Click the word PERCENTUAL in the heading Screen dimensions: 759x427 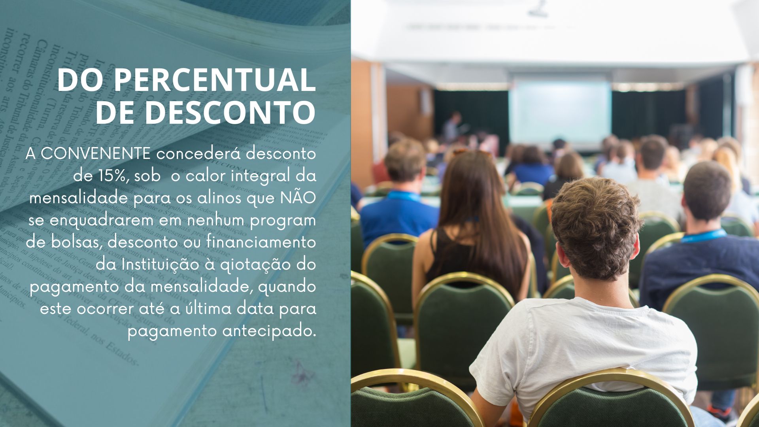(215, 80)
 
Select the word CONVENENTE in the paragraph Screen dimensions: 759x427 (96, 154)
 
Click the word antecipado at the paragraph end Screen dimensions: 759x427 (270, 331)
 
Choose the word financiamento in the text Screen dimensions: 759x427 (261, 242)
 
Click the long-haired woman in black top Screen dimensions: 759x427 (472, 225)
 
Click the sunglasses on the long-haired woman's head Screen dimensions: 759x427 (472, 152)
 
